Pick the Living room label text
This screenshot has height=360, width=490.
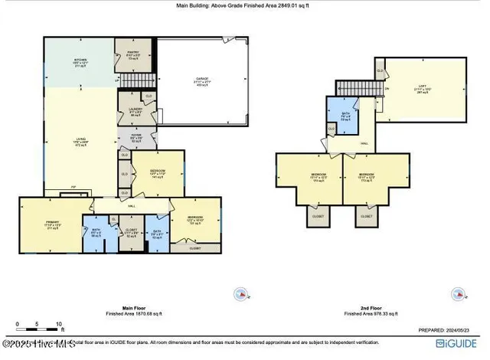[x=80, y=142]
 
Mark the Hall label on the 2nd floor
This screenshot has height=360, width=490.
[x=364, y=143]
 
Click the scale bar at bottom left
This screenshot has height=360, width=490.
[x=28, y=326]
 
